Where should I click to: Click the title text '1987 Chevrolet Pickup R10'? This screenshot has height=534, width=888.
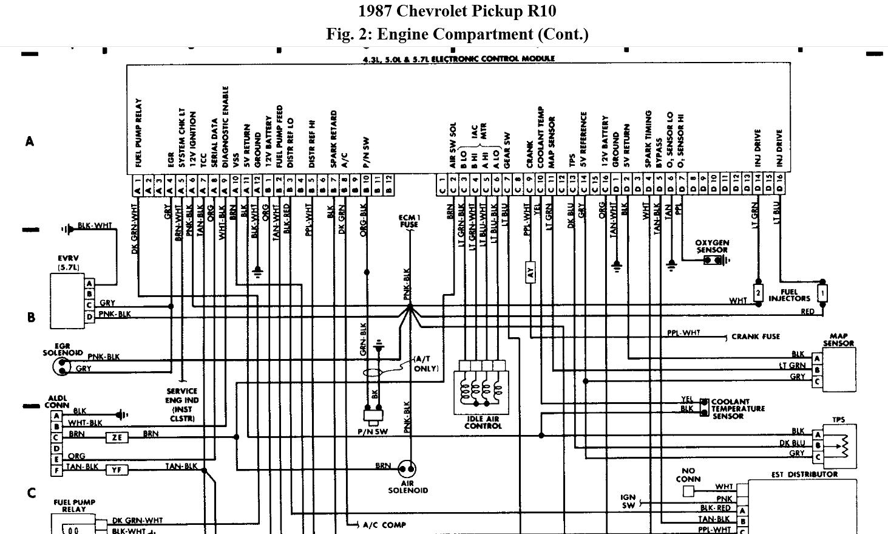click(456, 12)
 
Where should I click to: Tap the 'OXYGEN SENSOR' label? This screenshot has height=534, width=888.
click(712, 246)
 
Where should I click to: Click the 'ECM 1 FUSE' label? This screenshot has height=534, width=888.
click(409, 221)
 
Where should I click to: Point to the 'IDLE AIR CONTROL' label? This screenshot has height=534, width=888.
click(483, 422)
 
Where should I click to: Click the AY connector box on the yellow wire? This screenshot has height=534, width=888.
click(530, 272)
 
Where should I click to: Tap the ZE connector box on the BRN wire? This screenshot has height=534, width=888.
click(117, 437)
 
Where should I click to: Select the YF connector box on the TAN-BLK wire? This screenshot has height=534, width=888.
click(117, 469)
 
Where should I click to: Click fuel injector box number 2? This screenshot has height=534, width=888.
click(758, 292)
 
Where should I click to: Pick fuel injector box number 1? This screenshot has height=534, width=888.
click(822, 293)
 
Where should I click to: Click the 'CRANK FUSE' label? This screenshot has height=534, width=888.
click(756, 337)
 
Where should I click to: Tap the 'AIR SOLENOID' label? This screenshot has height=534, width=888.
click(408, 486)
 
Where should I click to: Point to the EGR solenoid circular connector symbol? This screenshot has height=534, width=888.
click(62, 366)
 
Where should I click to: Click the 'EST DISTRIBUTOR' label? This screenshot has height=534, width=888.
click(804, 474)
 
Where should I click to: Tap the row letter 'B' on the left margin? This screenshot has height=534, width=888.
click(31, 317)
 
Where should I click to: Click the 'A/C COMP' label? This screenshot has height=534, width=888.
click(384, 525)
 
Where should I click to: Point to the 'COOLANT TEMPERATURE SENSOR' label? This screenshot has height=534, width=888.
click(737, 409)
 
